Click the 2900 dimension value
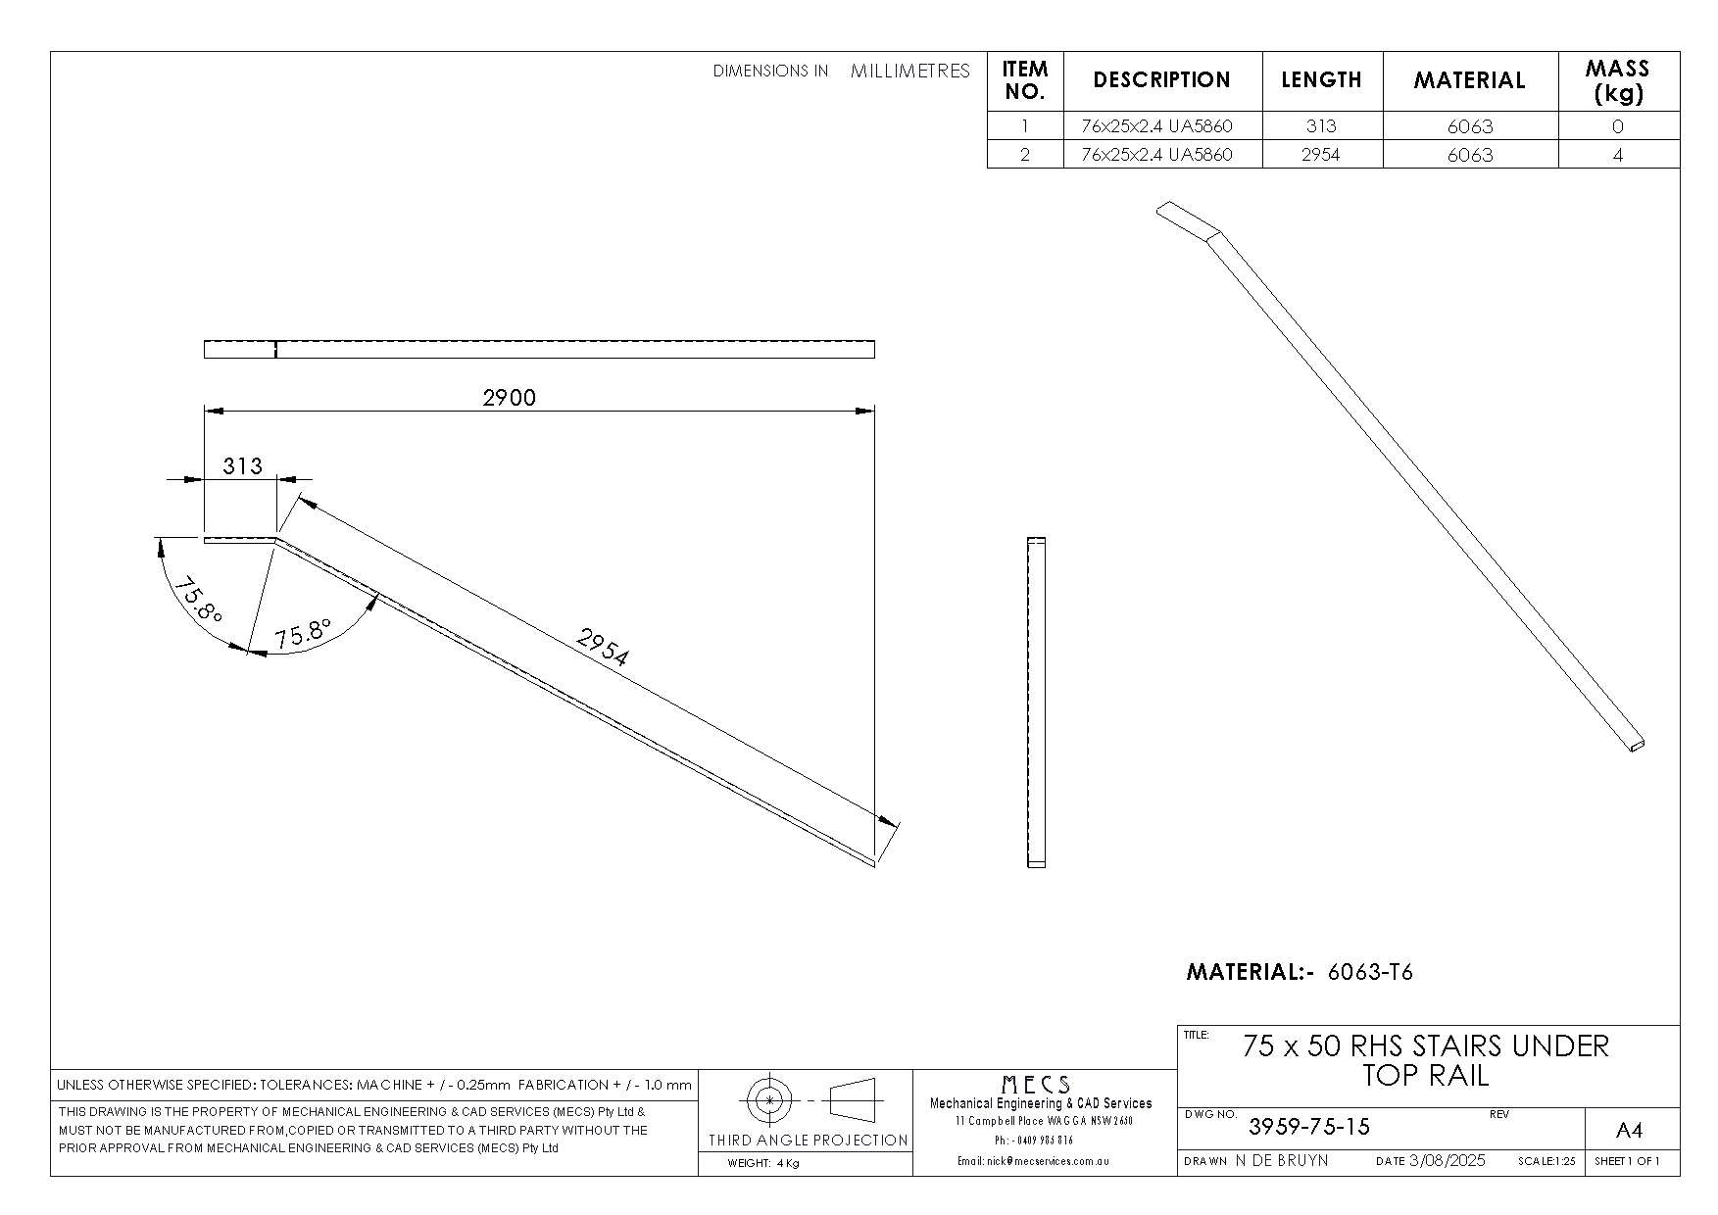[510, 397]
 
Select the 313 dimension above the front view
[242, 465]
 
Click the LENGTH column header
[1321, 80]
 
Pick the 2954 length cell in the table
[1320, 155]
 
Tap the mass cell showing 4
[1617, 155]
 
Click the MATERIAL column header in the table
[1469, 80]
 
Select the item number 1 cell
[1025, 126]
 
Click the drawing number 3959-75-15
[1308, 1127]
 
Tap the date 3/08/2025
[1447, 1161]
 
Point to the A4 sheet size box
[1628, 1131]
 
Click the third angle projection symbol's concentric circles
[770, 1100]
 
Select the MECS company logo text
[1036, 1085]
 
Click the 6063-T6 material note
[1370, 972]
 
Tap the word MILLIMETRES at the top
[909, 71]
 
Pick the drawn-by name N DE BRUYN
[1282, 1161]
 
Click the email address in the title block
[1033, 1161]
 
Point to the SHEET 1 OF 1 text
[1627, 1161]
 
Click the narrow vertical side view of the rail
[1036, 703]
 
